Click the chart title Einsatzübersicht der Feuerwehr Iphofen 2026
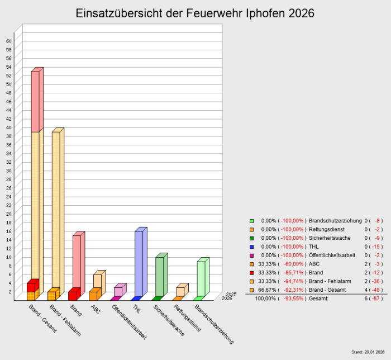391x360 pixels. click(x=195, y=13)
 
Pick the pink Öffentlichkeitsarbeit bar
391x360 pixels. click(x=118, y=291)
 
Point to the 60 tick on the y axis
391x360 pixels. click(x=8, y=41)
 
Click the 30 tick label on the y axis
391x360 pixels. click(x=8, y=170)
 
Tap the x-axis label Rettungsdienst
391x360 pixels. click(x=187, y=319)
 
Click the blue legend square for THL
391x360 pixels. click(x=252, y=247)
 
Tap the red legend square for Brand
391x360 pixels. click(x=252, y=273)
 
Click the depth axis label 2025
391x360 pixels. click(x=231, y=294)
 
